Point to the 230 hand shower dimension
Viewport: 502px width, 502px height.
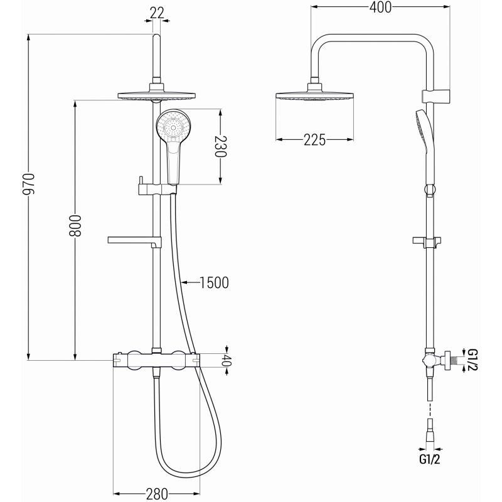click(x=219, y=147)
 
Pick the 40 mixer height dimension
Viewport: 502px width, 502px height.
click(x=227, y=360)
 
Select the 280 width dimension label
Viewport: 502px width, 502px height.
click(x=156, y=494)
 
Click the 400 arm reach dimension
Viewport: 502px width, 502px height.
click(x=380, y=8)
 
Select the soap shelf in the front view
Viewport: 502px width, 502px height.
click(x=136, y=240)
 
